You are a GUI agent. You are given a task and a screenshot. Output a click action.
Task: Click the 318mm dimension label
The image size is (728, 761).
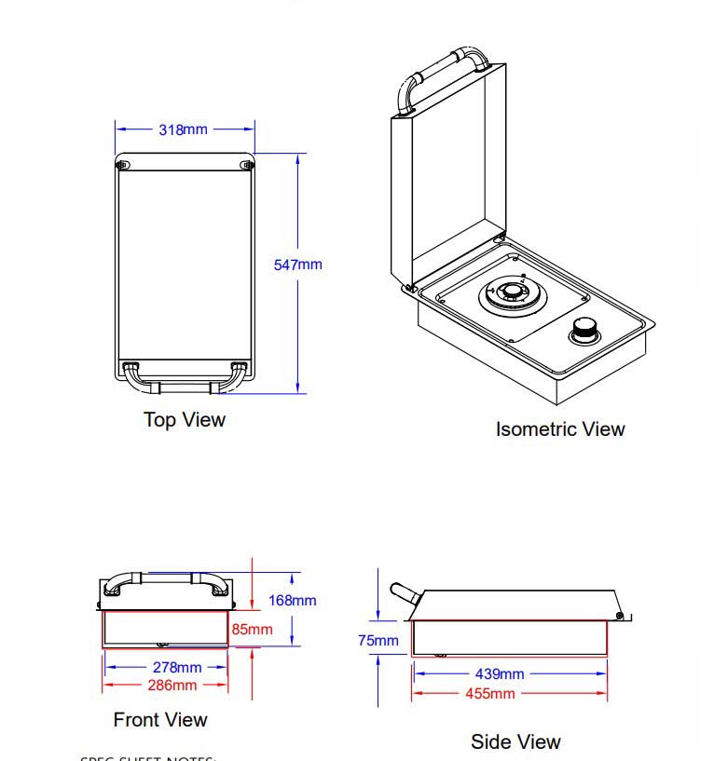[183, 129]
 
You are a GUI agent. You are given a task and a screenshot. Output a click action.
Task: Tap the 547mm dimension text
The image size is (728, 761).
[297, 265]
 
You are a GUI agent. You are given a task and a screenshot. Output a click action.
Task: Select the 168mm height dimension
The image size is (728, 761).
[292, 601]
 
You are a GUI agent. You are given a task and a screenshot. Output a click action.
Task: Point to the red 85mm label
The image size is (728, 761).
[253, 630]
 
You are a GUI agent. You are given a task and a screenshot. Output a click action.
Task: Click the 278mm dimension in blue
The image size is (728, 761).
[177, 667]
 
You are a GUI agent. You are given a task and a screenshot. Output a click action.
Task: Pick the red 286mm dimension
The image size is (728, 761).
[172, 686]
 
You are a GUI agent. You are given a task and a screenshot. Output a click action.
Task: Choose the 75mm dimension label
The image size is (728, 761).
[378, 641]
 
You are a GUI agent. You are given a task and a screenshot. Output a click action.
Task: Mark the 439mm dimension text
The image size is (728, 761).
[500, 673]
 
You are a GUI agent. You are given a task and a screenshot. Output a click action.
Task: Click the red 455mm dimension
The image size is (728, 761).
[489, 694]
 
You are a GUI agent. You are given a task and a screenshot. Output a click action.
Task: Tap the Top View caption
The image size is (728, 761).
[185, 420]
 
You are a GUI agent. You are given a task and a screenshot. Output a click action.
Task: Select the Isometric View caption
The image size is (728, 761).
[559, 429]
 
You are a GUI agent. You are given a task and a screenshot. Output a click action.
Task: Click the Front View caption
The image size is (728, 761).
[160, 720]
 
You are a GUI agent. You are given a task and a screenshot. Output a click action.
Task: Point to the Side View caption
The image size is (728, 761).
[515, 742]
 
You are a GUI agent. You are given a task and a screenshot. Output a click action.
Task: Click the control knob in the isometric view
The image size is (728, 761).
[585, 328]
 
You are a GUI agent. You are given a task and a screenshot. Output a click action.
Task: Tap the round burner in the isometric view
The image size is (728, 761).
[509, 295]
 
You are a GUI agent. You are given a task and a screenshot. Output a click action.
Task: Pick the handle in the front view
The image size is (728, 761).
[164, 580]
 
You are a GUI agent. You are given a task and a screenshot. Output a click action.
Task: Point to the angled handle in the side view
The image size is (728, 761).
[403, 593]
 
